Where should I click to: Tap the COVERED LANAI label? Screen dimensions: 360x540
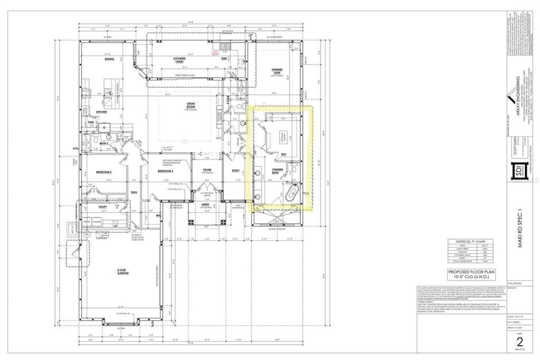[x=180, y=60]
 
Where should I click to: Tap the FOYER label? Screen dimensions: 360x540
[x=207, y=170]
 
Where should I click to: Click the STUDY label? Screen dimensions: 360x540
[x=235, y=171]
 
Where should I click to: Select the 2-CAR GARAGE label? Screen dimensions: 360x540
[x=123, y=272]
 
